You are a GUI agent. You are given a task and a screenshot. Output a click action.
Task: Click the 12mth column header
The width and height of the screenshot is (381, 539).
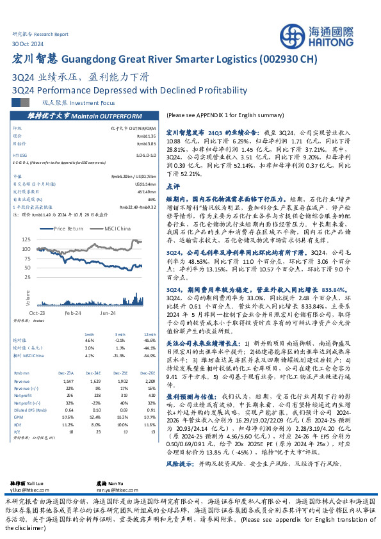coord(149,334)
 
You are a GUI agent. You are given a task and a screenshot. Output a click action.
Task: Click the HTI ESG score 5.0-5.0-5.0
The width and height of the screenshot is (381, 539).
coord(147,154)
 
